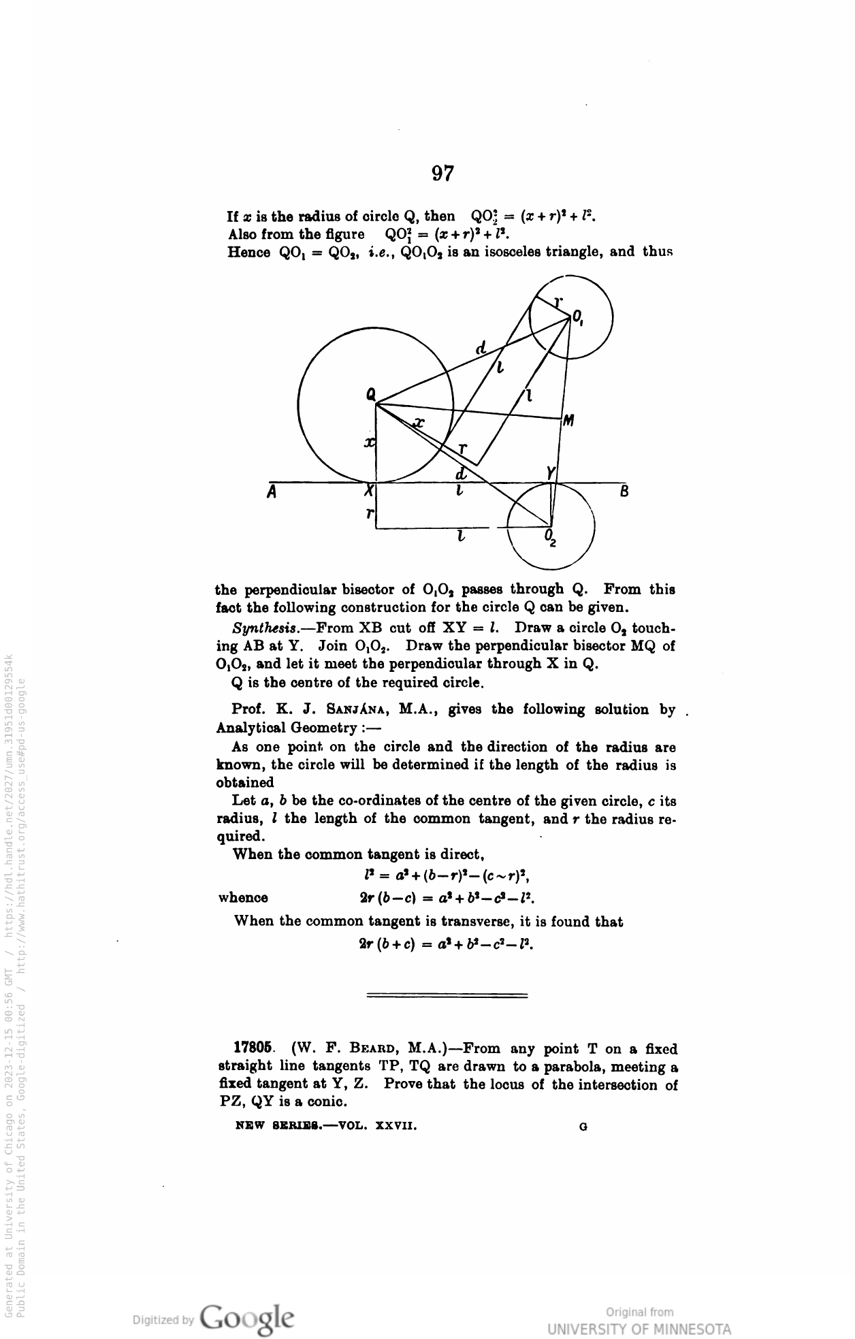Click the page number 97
point(442,174)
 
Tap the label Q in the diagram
point(370,393)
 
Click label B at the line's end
point(624,491)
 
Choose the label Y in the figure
point(551,472)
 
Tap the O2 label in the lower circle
point(551,538)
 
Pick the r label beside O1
point(558,302)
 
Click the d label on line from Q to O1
point(481,349)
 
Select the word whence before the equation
point(243,898)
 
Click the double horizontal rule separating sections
point(447,996)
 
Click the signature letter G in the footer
point(583,1127)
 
